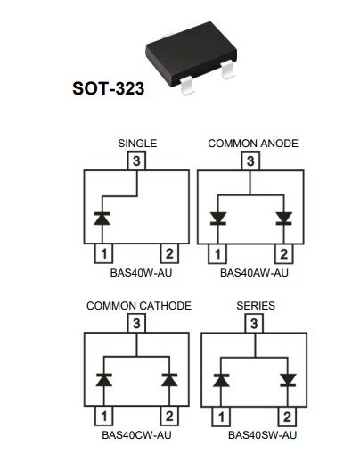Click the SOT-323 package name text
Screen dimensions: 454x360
tap(108, 89)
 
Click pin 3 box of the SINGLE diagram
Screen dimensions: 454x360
tap(136, 161)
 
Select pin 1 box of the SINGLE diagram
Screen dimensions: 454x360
tap(104, 254)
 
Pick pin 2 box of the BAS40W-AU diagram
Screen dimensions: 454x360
tap(168, 254)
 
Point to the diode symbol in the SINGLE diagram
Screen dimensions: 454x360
tap(104, 218)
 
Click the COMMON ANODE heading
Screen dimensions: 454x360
tap(252, 144)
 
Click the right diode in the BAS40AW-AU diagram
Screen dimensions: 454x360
tap(284, 218)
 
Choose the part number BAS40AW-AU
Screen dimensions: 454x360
tap(254, 273)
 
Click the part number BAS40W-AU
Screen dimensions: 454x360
tap(136, 273)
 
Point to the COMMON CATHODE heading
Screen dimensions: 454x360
tap(138, 306)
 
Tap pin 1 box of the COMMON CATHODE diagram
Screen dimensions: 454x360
tap(104, 417)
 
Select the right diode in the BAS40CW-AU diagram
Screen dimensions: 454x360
tap(168, 380)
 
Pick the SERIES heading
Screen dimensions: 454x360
tap(255, 306)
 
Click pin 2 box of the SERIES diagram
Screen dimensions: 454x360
tap(287, 417)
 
